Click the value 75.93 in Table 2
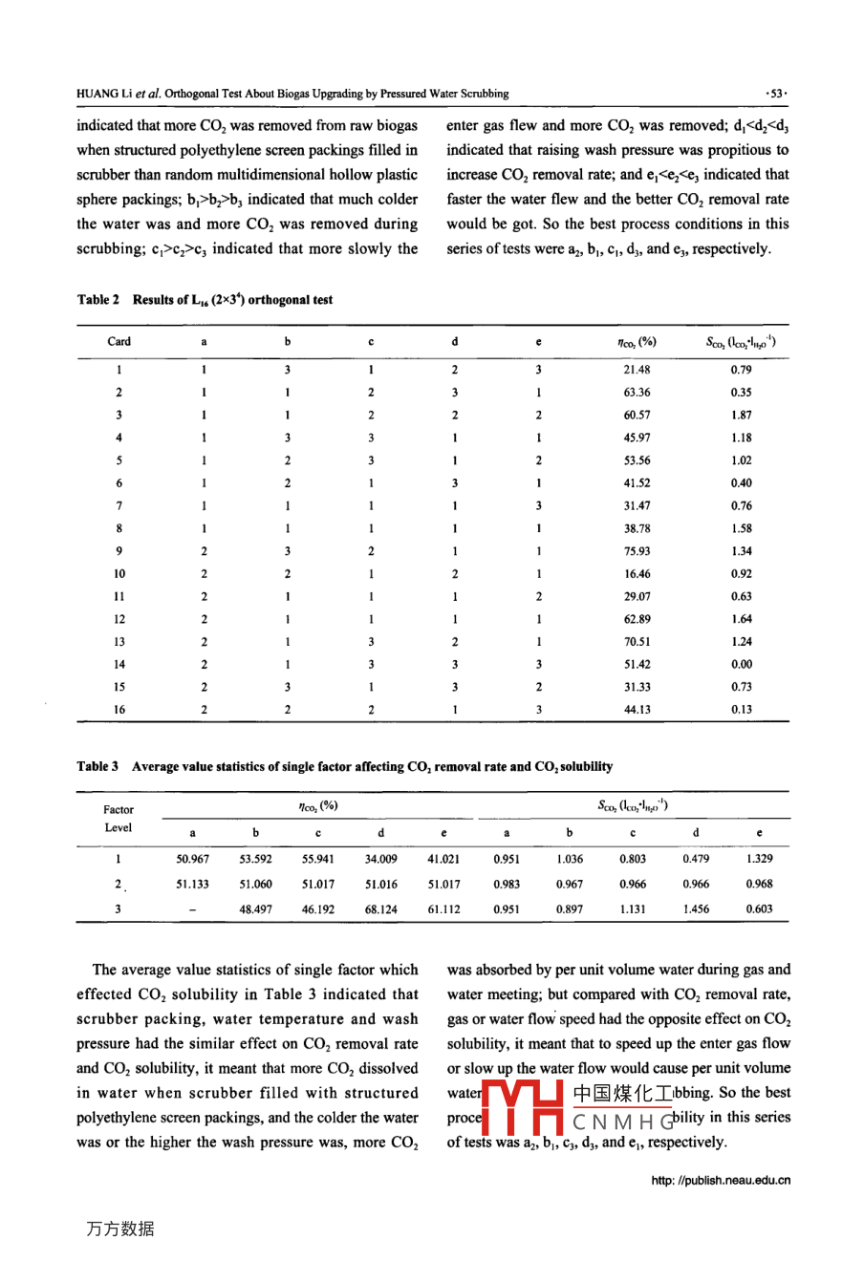[637, 551]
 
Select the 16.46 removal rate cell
[637, 574]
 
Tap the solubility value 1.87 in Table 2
[741, 416]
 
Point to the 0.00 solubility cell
[741, 665]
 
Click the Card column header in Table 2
[119, 342]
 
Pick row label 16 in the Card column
[119, 710]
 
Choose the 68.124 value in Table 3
[380, 909]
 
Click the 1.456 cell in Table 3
[696, 909]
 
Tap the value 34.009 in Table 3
[380, 859]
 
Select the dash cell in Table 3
[193, 909]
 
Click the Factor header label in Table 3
[119, 809]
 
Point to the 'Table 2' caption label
[98, 300]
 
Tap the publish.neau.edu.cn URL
[721, 1181]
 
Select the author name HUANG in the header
[97, 94]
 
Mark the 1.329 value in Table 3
[759, 859]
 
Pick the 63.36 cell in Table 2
[637, 393]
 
